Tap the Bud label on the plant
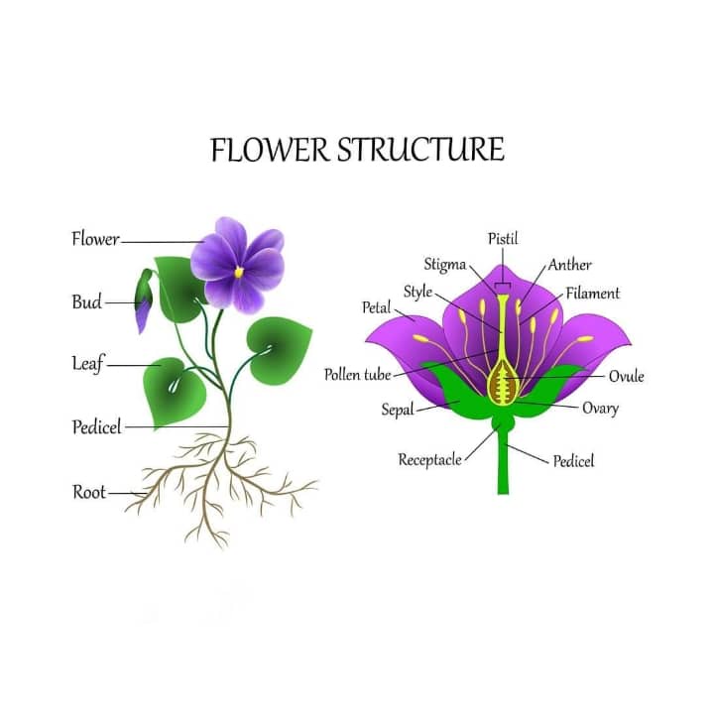click(86, 301)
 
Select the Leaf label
click(87, 364)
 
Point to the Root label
click(89, 492)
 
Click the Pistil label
click(503, 239)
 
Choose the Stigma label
click(445, 265)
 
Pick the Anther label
click(570, 265)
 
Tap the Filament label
click(593, 294)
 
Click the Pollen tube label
click(358, 375)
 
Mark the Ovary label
click(600, 409)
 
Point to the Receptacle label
click(429, 460)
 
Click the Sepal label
click(398, 410)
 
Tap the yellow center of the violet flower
click(238, 270)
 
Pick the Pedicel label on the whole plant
click(96, 427)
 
